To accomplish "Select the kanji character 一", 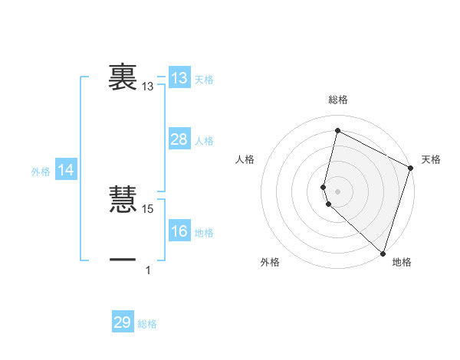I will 123,260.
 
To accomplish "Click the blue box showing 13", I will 179,78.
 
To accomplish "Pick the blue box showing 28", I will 179,139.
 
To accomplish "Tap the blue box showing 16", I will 179,231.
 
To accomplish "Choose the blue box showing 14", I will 66,170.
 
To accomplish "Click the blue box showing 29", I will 122,322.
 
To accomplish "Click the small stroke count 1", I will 148,270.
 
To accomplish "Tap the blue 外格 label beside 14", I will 41,172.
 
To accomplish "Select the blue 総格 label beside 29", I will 147,324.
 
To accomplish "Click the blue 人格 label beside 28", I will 204,141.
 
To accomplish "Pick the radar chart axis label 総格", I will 338,100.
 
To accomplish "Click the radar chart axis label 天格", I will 431,159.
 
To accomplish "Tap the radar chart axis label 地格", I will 402,262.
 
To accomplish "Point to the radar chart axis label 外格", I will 270,262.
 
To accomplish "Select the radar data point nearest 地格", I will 383,253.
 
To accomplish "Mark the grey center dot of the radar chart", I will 338,191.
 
